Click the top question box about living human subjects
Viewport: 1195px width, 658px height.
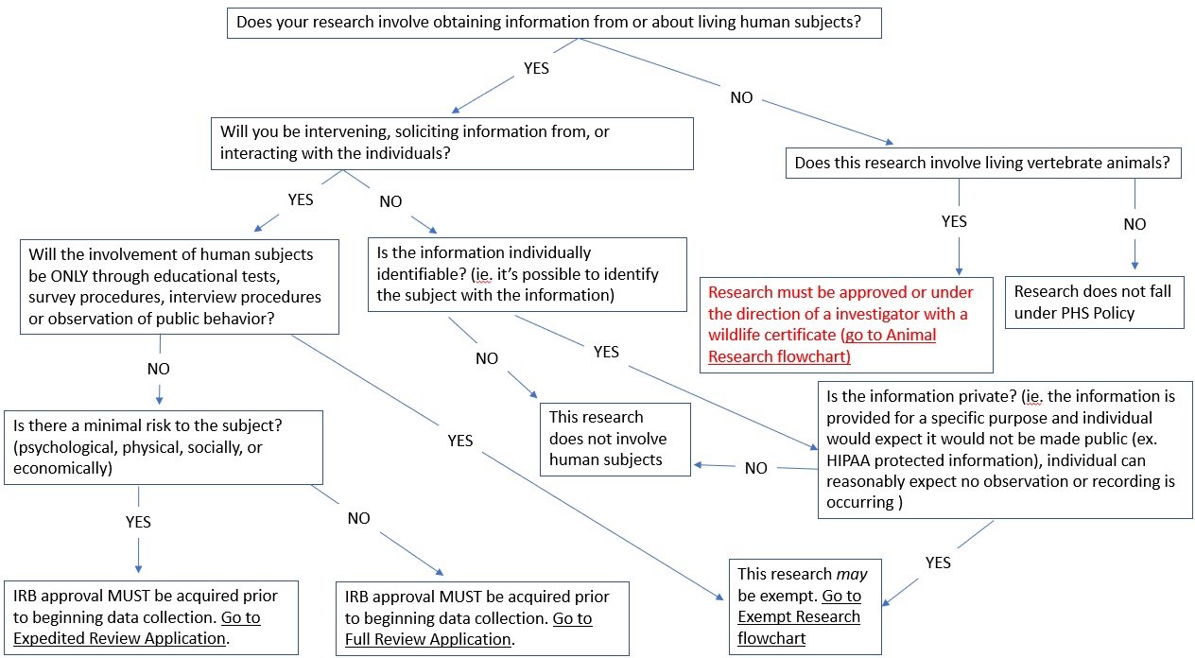pos(554,23)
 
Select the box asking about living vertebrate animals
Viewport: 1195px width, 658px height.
pos(983,163)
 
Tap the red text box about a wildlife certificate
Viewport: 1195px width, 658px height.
pos(846,324)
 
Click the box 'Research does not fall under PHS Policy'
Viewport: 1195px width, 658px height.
pos(1093,302)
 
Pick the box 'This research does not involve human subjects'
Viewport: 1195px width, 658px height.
pos(615,439)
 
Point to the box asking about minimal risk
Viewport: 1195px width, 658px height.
pos(163,446)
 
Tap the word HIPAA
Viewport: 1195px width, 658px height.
pos(854,460)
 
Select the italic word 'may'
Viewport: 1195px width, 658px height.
pos(852,574)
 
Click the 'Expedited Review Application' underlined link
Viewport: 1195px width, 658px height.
pos(120,638)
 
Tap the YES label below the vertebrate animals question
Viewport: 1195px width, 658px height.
pos(955,221)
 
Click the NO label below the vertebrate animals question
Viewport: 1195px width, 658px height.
pos(1134,224)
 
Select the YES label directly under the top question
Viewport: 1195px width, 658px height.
pos(536,69)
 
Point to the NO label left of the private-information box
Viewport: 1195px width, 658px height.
pos(756,468)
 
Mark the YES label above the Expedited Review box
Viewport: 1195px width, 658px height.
pos(138,522)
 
